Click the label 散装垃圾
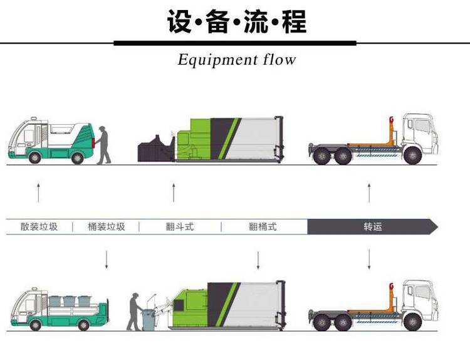tap(39, 226)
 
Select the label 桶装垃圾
tap(107, 226)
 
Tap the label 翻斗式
tap(179, 226)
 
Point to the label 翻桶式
tap(263, 226)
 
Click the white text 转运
tap(372, 226)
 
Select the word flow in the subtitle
tap(278, 60)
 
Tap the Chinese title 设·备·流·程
tap(236, 22)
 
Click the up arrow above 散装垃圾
tap(39, 193)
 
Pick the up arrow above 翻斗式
tap(174, 193)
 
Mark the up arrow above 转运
tap(369, 193)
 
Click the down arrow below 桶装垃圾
tap(107, 259)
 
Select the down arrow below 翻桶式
tap(258, 259)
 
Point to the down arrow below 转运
tap(369, 259)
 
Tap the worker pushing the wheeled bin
tap(134, 312)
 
